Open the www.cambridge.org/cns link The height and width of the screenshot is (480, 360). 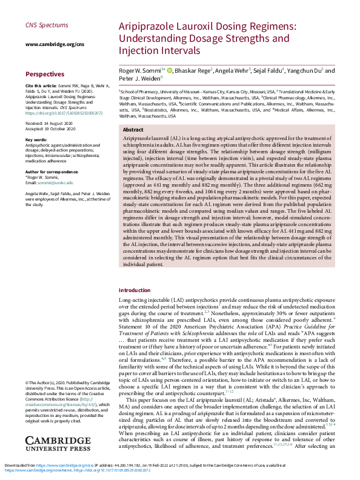55,44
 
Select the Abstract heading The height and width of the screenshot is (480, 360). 133,130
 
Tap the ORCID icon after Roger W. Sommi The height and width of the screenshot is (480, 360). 169,70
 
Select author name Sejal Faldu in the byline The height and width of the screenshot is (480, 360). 270,70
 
